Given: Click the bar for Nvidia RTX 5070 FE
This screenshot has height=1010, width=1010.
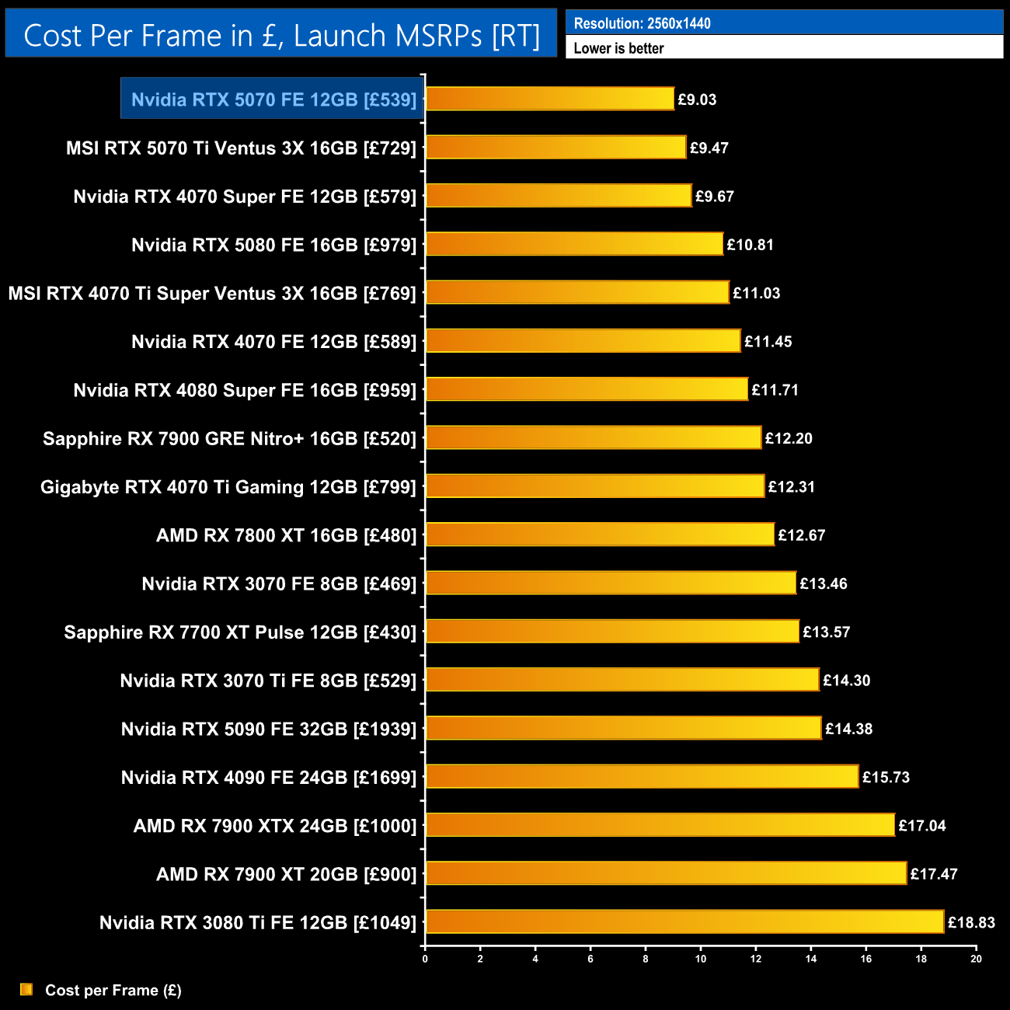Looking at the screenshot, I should tap(549, 99).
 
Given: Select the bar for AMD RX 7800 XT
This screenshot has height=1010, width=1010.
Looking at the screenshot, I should tap(600, 535).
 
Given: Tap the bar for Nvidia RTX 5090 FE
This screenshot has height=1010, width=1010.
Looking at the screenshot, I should tap(623, 728).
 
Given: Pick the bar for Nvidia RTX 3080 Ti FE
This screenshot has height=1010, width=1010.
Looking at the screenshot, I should tap(684, 921).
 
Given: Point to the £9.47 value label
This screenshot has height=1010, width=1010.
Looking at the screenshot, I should tap(709, 148).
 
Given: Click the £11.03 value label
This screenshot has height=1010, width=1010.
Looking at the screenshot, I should tap(756, 293).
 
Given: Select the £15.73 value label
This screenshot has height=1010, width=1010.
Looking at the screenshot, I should tap(886, 777).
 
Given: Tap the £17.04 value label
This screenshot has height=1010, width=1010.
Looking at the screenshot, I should tap(922, 825).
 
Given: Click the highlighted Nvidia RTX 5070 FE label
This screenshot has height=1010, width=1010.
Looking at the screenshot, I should tap(273, 99).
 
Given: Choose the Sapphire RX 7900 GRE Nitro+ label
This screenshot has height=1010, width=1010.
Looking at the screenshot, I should tap(230, 438).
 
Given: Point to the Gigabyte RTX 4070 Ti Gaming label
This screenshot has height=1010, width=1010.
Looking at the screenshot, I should tap(228, 487).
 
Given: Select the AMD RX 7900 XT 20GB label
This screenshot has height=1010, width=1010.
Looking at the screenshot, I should tap(287, 874).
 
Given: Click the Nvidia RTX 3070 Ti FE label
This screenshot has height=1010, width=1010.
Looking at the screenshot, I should tap(268, 681).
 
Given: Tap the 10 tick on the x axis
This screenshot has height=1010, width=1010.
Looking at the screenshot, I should tap(701, 959).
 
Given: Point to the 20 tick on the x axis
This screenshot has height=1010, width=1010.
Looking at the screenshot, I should tap(976, 959).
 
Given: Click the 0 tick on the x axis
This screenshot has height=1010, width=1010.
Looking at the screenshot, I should tap(425, 959).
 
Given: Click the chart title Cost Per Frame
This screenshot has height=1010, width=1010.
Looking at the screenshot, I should tap(281, 36).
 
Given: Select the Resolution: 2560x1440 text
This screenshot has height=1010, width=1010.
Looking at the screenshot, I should tap(642, 23).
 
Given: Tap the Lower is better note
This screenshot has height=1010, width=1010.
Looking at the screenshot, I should tap(618, 48).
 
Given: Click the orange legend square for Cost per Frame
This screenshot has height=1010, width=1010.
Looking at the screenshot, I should tap(26, 989).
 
